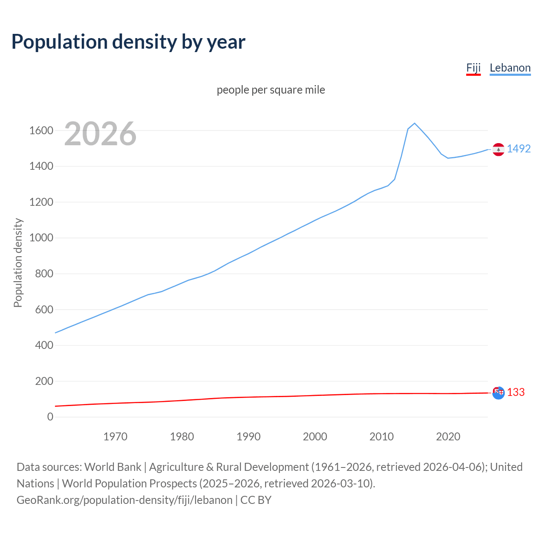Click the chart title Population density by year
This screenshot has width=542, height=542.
pos(128,42)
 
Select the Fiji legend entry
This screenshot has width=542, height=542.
pos(473,68)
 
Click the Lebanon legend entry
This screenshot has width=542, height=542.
pos(510,68)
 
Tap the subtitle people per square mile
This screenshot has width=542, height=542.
pos(271,90)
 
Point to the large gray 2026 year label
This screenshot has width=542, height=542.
pos(100,134)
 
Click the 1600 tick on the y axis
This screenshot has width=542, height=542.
pos(41,130)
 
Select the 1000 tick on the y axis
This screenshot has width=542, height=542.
pos(41,238)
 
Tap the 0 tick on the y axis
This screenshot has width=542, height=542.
pos(50,417)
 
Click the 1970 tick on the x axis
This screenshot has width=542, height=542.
pos(115,437)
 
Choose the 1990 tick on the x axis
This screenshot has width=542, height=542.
pos(249,437)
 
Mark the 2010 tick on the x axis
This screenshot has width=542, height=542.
pos(382,437)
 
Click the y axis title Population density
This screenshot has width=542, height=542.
pos(18,263)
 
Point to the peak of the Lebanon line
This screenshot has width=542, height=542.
pos(415,123)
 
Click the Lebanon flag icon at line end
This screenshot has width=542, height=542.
pos(498,149)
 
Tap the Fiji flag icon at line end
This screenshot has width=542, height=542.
pos(498,393)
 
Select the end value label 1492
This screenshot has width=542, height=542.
pos(519,149)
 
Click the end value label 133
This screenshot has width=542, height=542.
pos(516,392)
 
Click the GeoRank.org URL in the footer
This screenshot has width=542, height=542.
pos(124,500)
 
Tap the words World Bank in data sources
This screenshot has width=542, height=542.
pos(113,467)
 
